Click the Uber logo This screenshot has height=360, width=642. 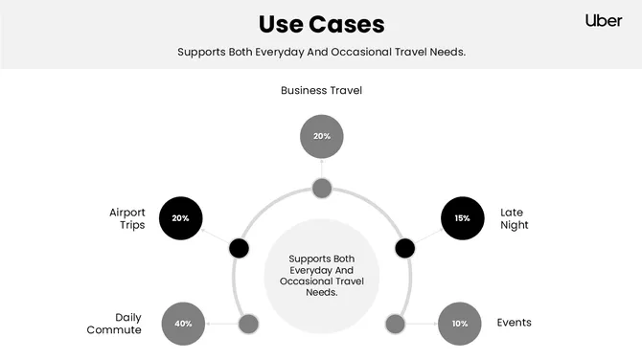click(604, 20)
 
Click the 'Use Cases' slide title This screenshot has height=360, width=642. click(321, 23)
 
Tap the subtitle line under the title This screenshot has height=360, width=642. click(321, 52)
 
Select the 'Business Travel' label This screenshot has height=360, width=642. click(321, 91)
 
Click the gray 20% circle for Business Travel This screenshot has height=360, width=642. click(321, 136)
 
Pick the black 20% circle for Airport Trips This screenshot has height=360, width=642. click(180, 218)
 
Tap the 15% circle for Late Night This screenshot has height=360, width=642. click(462, 218)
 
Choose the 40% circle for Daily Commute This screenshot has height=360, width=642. click(183, 324)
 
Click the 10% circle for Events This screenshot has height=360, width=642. click(460, 324)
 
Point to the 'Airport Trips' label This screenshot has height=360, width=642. click(126, 218)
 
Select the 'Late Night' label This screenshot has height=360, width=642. click(515, 218)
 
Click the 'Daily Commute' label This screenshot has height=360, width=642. click(127, 324)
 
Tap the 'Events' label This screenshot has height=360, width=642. click(514, 323)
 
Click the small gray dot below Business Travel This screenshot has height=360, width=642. click(322, 188)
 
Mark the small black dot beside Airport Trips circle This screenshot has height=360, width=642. click(239, 249)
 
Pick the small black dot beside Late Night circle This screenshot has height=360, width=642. click(405, 249)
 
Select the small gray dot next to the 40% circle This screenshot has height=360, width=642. click(247, 324)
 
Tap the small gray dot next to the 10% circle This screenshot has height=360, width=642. click(395, 324)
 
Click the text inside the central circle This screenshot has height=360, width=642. click(321, 275)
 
